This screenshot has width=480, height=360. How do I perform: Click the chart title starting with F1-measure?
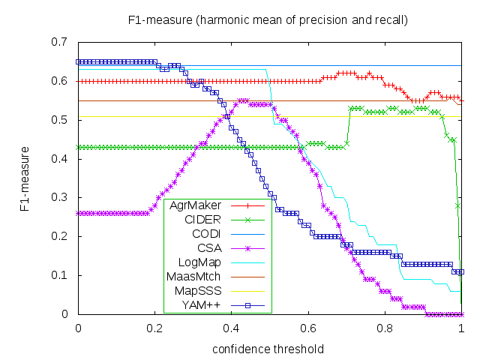coord(268,19)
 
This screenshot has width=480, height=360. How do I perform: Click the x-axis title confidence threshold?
coord(268,349)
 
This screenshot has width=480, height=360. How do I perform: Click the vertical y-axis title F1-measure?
coord(25,178)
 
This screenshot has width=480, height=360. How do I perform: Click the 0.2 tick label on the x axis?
coord(154,328)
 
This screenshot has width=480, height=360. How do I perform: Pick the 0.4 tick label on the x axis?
coord(231,328)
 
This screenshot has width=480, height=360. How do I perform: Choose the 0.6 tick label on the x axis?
coord(307,328)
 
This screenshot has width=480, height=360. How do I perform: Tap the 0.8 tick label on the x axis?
coord(384,328)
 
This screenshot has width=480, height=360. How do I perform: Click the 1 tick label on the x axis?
coord(460,328)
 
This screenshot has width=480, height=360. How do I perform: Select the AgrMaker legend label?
coord(194,205)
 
